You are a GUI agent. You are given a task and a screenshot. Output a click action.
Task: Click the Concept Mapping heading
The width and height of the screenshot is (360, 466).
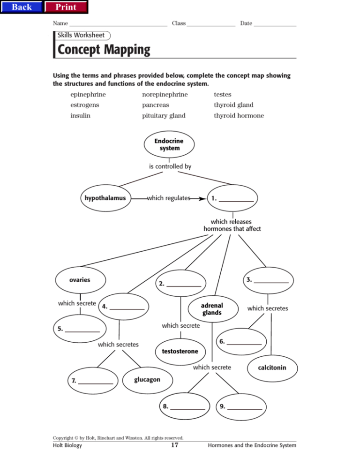click(x=104, y=50)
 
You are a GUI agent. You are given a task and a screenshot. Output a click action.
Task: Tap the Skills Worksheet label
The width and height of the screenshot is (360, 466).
click(x=82, y=35)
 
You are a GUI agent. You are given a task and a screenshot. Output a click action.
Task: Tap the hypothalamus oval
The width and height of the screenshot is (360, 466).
click(x=105, y=198)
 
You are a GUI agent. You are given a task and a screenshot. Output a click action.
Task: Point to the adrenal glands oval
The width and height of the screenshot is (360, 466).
click(x=212, y=309)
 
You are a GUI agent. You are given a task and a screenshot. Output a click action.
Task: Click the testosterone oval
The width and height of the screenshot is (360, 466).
click(x=180, y=351)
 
